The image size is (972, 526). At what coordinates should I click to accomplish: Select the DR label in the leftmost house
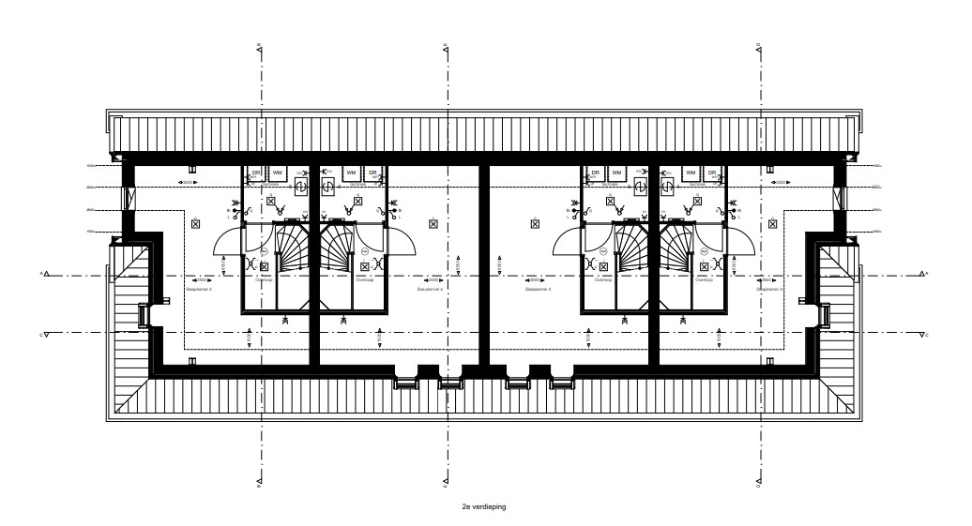click(255, 173)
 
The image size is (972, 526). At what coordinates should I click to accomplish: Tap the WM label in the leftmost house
click(278, 173)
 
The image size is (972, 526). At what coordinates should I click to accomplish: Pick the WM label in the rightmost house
click(691, 173)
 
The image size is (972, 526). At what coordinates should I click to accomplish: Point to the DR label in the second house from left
click(372, 173)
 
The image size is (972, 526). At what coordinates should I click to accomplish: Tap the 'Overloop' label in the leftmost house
click(262, 279)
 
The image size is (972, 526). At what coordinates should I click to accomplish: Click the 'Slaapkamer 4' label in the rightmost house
click(771, 291)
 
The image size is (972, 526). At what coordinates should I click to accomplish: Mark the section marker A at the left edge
click(46, 275)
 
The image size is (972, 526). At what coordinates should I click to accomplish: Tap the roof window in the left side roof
click(143, 315)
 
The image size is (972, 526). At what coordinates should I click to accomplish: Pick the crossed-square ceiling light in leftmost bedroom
click(195, 223)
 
